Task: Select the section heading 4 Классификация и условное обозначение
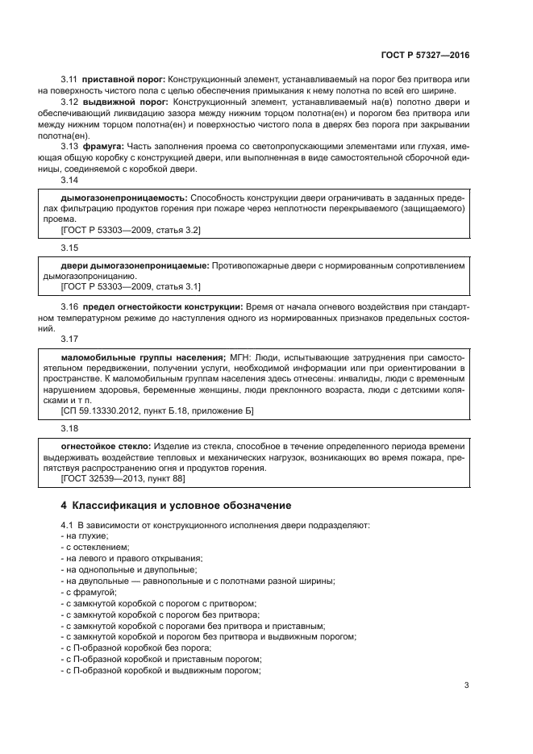pos(177,506)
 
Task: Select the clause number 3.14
pos(70,181)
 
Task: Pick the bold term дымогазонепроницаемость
pos(123,198)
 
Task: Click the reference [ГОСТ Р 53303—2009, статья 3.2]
pos(131,230)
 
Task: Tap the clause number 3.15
pos(70,248)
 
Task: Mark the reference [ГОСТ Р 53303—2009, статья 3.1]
pos(131,286)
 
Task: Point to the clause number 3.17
pos(70,340)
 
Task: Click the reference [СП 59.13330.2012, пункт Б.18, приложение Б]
pos(157,411)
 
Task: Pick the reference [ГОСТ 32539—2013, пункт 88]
pos(123,479)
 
